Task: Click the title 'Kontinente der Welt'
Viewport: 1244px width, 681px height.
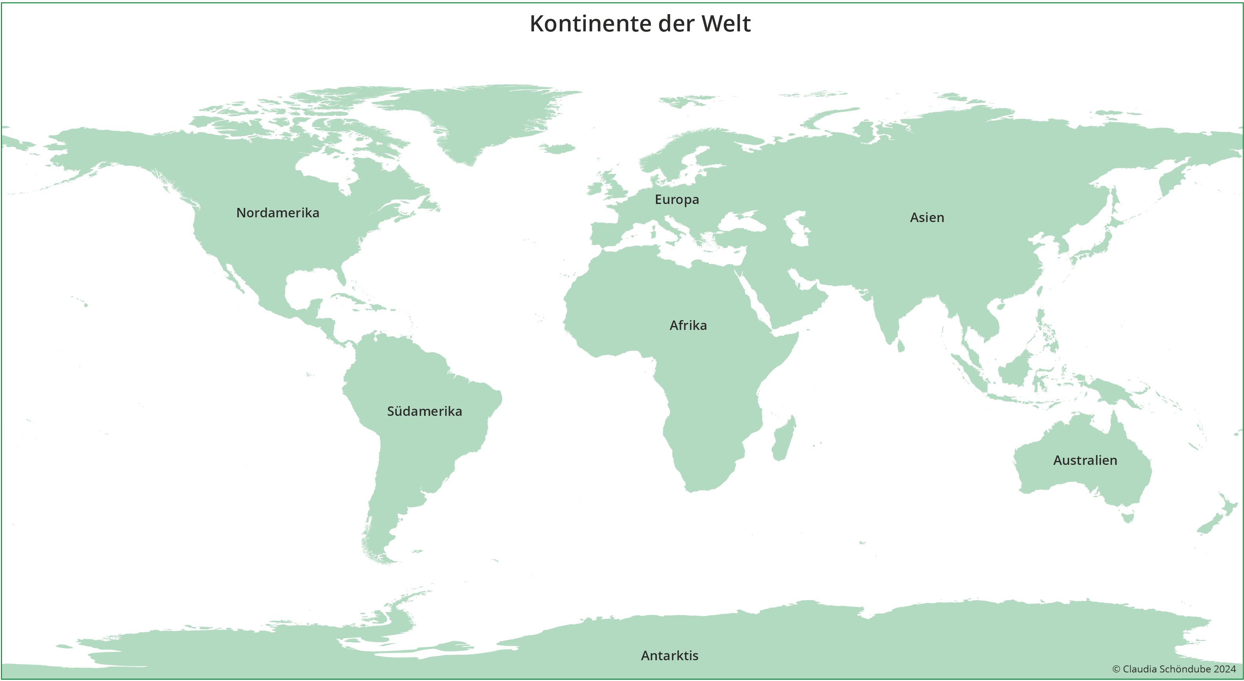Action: [x=640, y=24]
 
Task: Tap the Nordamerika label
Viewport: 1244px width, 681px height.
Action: [x=278, y=213]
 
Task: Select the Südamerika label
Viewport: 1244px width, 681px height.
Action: [x=424, y=412]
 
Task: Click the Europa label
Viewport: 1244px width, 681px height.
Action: [x=677, y=199]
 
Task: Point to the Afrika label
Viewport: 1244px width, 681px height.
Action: [x=688, y=326]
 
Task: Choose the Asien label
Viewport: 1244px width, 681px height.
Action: [x=927, y=218]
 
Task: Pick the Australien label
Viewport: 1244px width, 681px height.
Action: [x=1085, y=460]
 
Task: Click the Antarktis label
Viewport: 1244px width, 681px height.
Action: [x=669, y=656]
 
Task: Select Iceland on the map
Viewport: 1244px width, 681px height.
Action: [x=558, y=148]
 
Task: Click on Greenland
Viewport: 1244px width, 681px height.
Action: [x=483, y=116]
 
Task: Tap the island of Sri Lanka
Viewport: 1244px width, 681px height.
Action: [x=900, y=346]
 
